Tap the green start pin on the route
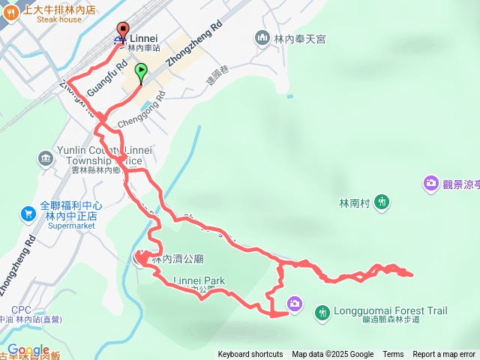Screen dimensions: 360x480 click(x=140, y=73)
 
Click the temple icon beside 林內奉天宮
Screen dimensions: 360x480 click(x=262, y=37)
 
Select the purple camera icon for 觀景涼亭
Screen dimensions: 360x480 click(x=430, y=182)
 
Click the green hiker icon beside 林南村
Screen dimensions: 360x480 click(x=382, y=202)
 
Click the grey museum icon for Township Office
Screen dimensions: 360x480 click(x=45, y=159)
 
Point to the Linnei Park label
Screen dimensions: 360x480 click(x=199, y=281)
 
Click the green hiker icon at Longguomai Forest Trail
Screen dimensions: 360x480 click(x=322, y=311)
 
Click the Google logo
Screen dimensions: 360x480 click(x=28, y=350)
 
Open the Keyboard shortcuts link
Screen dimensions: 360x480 click(x=250, y=355)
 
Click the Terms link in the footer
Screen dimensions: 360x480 click(x=393, y=355)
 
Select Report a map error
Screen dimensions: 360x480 click(x=444, y=355)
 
